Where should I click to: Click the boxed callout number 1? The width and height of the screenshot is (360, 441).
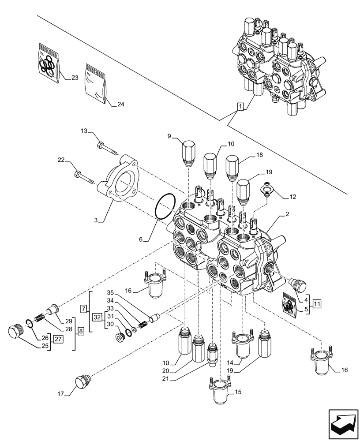coord(240,106)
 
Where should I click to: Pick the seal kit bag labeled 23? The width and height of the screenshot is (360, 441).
coord(48,63)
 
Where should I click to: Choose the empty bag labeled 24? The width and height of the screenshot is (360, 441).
coord(95,84)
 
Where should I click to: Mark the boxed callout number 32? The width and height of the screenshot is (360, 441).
coord(97,316)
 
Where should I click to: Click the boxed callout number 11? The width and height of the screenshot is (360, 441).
coord(318,303)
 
